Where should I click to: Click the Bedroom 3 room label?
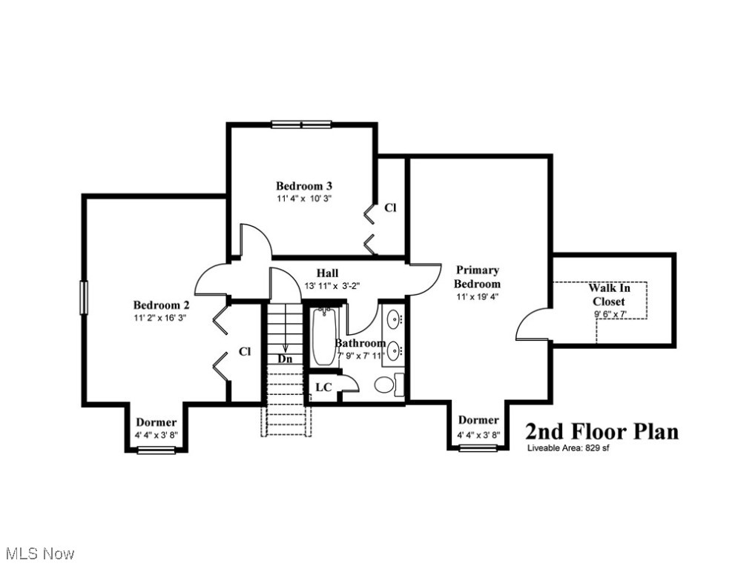coord(299,186)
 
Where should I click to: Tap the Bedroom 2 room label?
coord(161,305)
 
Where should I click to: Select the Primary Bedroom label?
coord(477,277)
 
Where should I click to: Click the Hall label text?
coord(327,273)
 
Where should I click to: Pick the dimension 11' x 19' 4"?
coord(477,297)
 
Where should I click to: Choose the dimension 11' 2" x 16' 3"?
coord(160,317)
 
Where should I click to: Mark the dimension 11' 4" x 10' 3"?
coord(299,199)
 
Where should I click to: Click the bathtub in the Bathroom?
coord(324,338)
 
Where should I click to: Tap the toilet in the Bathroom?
coord(385,385)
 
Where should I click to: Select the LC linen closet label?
coord(323,387)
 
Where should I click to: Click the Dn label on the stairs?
coord(285,359)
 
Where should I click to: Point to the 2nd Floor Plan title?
coord(602,431)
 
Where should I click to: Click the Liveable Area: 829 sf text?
coord(568,448)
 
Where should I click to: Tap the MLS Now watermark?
coord(39,553)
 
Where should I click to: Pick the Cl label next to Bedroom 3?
coord(390,208)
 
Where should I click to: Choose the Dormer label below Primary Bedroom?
coord(478,421)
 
